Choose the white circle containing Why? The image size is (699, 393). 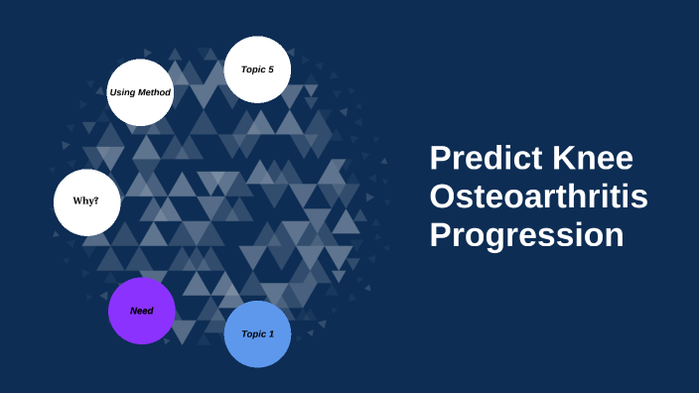(86, 202)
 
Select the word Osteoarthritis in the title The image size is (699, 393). (538, 197)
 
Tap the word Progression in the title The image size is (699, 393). (526, 236)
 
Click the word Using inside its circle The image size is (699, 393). (123, 92)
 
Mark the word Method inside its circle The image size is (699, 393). (155, 92)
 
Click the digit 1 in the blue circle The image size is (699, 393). (272, 334)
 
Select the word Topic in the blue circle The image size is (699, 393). (253, 334)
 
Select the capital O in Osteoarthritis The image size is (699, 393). (443, 197)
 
